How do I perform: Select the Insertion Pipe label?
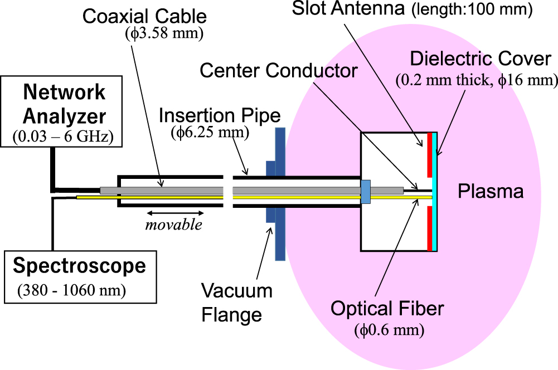(220, 116)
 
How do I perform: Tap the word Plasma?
(490, 192)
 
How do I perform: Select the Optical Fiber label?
(389, 308)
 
